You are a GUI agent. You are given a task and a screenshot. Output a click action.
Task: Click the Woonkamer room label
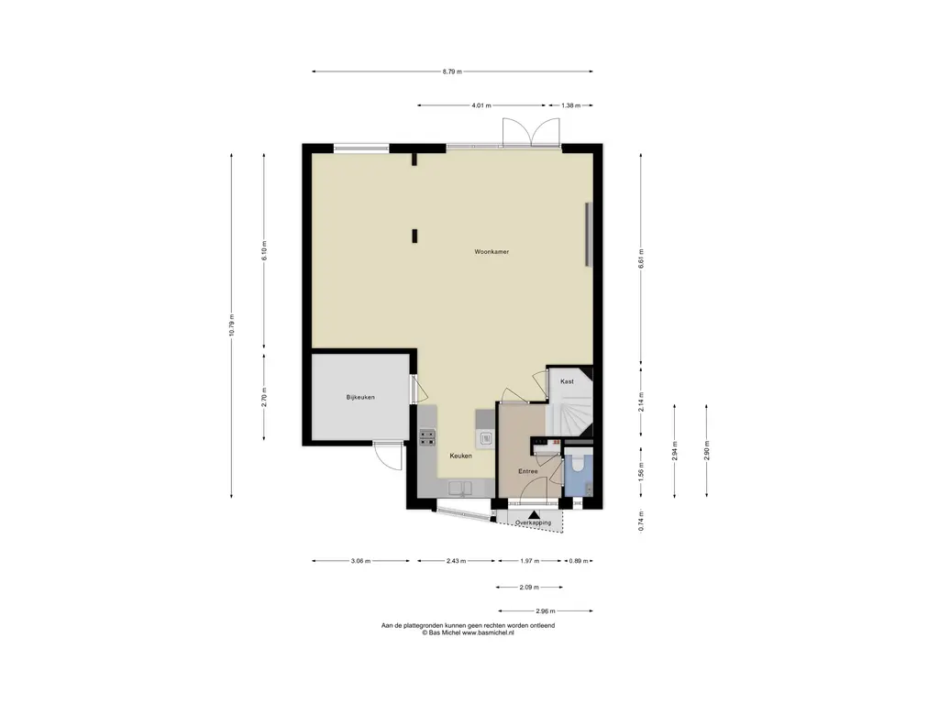[x=492, y=252]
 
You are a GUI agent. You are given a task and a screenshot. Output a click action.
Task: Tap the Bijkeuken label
[x=360, y=398]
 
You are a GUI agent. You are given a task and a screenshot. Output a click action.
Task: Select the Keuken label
[x=461, y=456]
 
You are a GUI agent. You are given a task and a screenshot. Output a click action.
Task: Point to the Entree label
[x=527, y=472]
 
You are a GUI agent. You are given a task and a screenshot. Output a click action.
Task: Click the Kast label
[x=567, y=381]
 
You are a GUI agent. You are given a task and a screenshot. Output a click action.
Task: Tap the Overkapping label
[x=533, y=523]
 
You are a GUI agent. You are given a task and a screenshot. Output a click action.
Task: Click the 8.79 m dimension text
[x=452, y=71]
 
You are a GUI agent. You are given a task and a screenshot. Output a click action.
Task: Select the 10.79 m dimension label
[x=232, y=325]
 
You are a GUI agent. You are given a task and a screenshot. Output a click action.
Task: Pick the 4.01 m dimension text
[x=481, y=105]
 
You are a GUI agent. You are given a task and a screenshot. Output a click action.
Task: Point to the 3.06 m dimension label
[x=360, y=562]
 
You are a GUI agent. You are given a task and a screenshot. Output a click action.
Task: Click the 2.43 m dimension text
[x=456, y=562]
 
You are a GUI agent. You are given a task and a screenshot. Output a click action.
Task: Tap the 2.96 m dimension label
[x=545, y=611]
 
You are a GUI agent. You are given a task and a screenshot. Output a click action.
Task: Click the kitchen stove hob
[x=427, y=437]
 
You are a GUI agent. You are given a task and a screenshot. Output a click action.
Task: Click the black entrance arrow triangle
[x=534, y=514]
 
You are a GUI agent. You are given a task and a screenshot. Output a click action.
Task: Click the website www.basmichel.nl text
[x=488, y=632]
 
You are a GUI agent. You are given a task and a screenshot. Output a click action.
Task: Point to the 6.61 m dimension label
[x=641, y=258]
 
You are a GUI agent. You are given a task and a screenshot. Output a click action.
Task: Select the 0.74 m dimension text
[x=641, y=521]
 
